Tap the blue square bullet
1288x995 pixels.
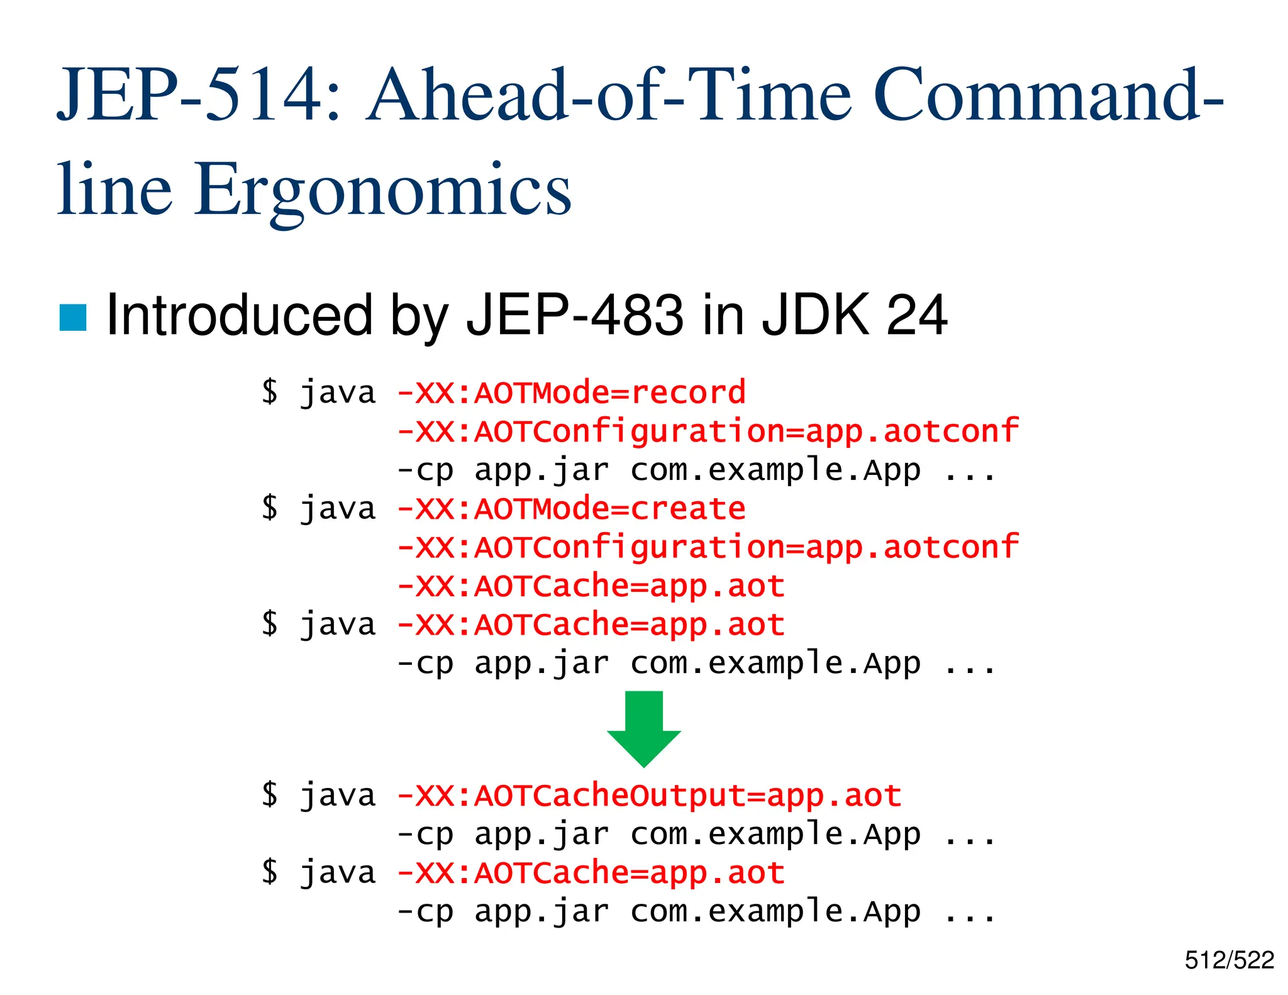point(72,318)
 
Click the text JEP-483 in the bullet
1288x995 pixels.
point(574,315)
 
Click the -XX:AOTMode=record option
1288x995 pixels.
point(571,393)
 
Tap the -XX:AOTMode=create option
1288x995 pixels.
point(571,509)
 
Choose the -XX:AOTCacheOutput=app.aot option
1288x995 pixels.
point(649,796)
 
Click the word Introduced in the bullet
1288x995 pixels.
point(240,315)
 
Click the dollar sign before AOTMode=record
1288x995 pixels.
point(270,392)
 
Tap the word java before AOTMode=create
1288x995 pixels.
point(338,509)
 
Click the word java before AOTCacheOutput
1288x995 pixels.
point(338,796)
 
